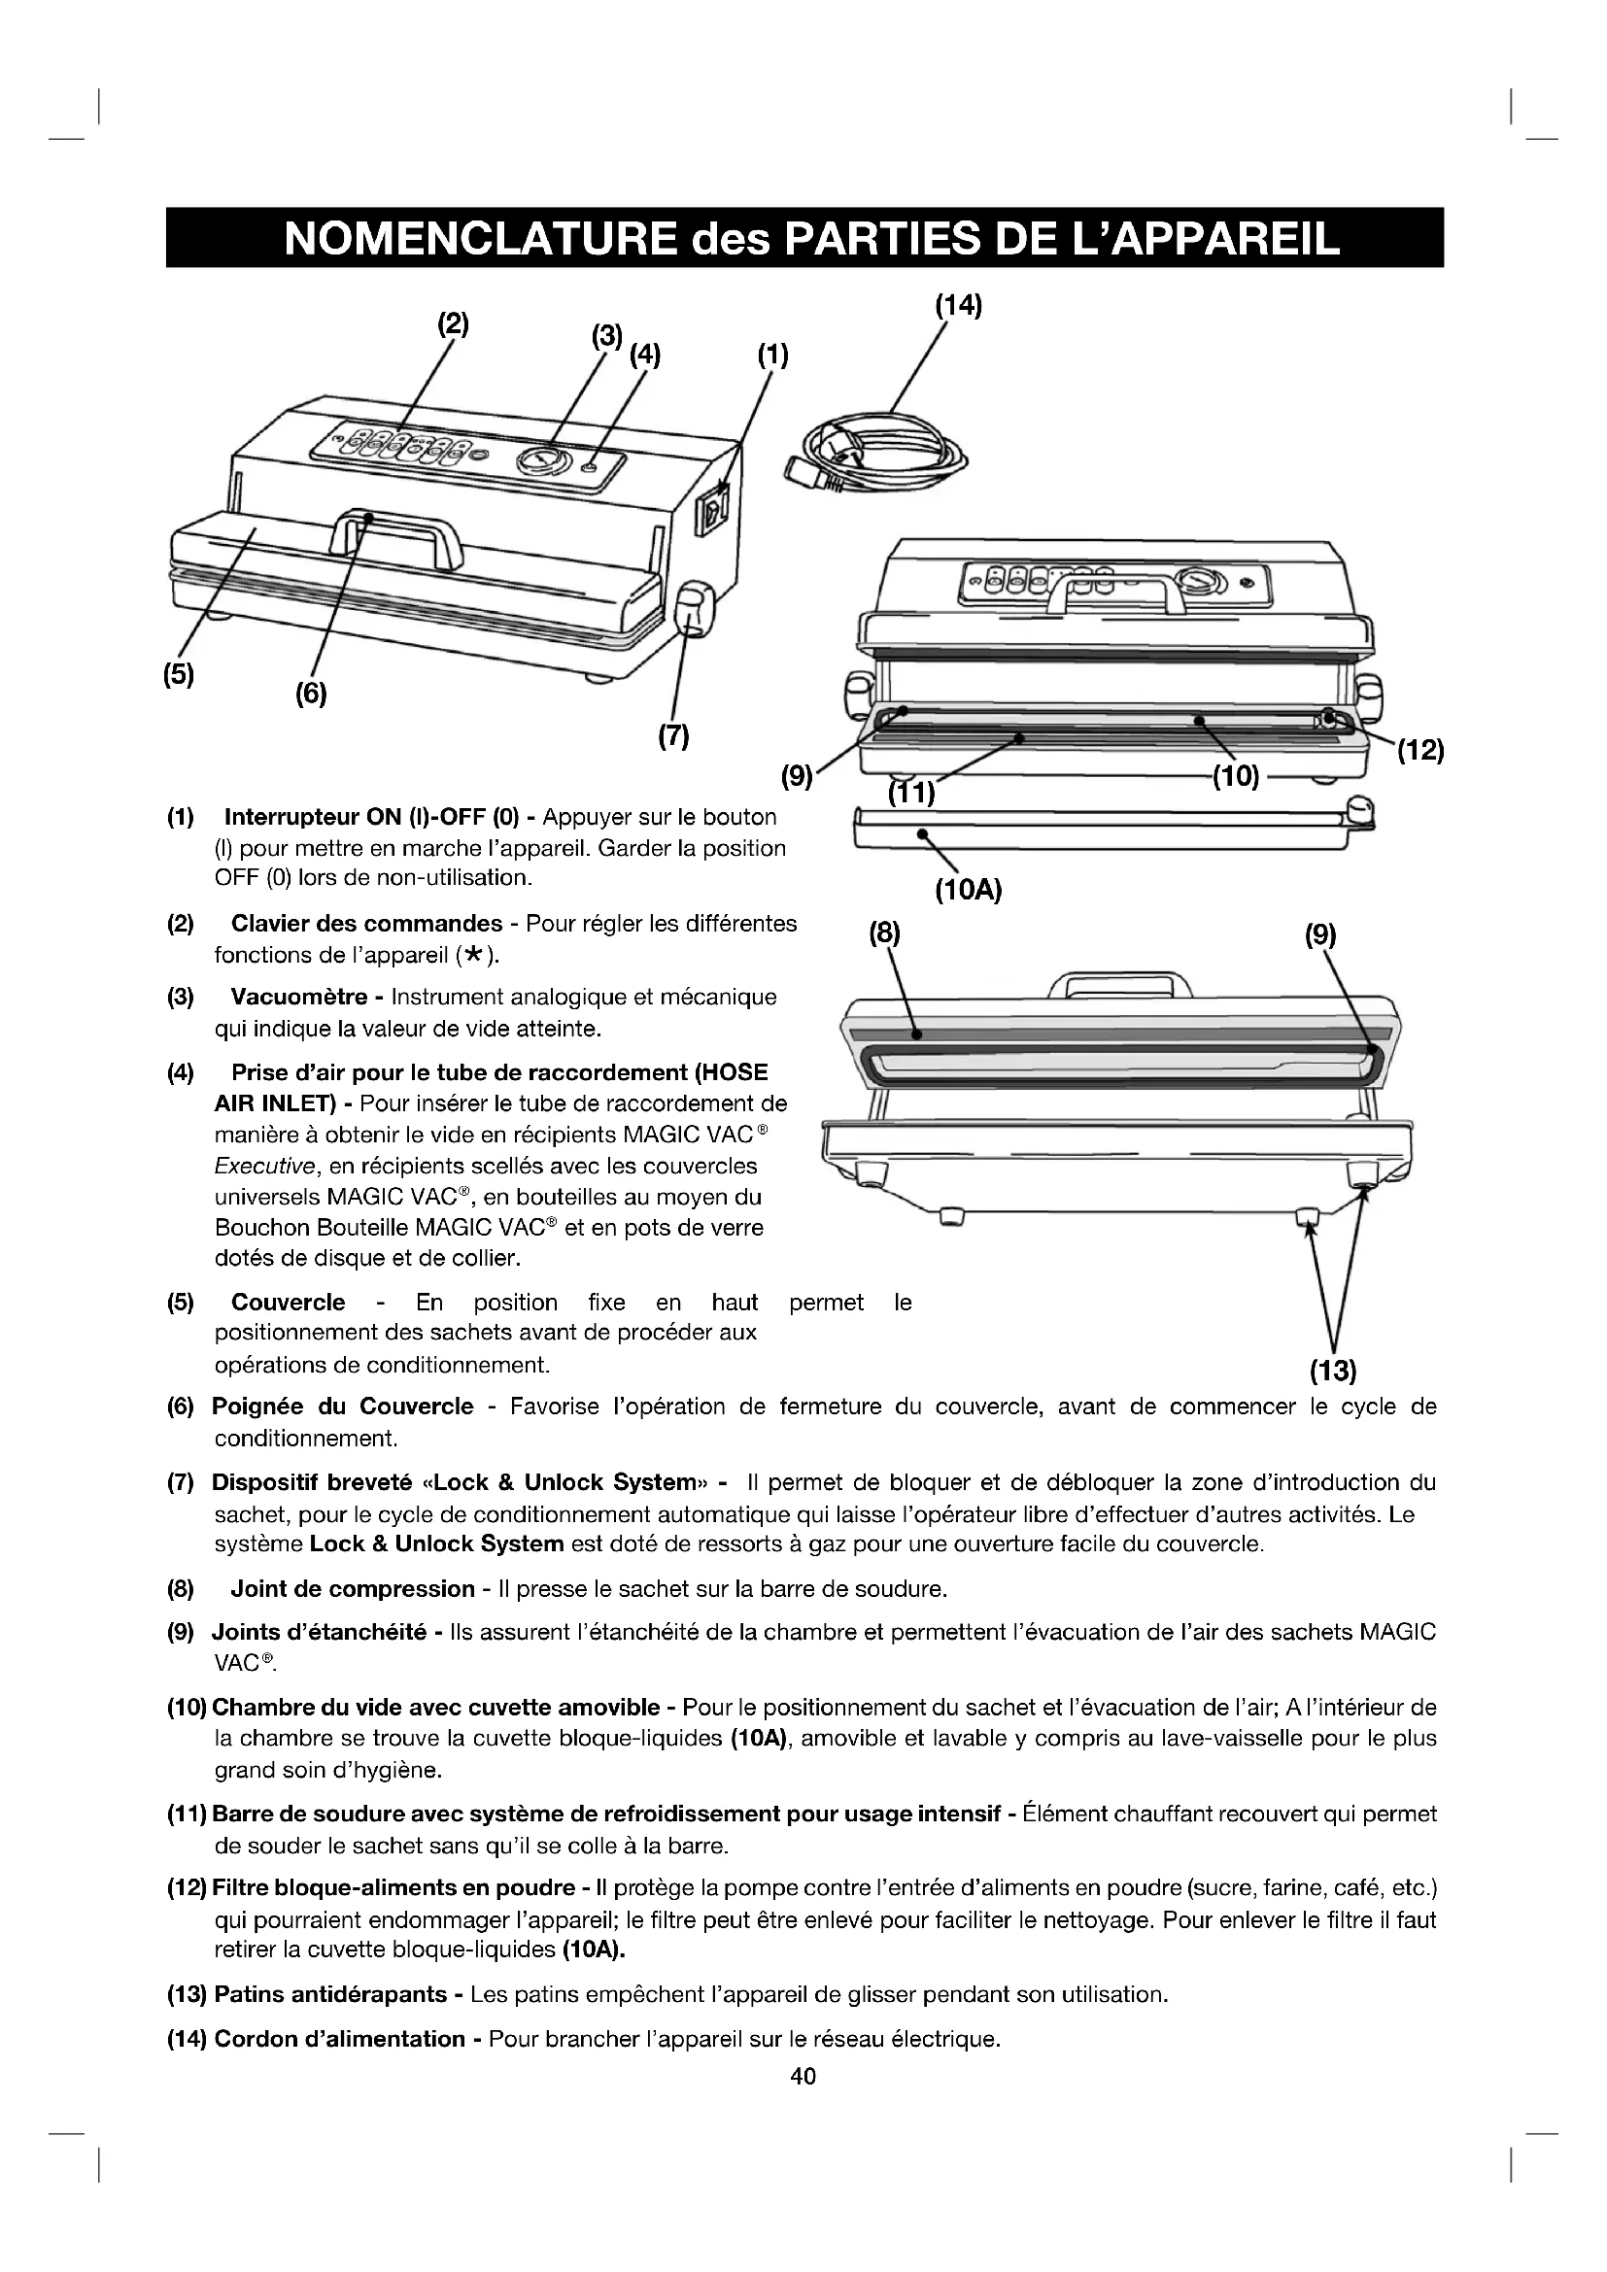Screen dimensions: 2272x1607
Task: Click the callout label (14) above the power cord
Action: pos(958,306)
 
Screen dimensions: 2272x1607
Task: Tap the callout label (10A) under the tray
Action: pos(968,891)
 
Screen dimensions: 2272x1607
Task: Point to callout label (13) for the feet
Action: pos(1332,1371)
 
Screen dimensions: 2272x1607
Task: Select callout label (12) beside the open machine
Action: pos(1420,751)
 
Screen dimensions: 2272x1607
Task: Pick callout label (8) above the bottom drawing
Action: pos(885,933)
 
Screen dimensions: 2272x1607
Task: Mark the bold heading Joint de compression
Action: pos(353,1588)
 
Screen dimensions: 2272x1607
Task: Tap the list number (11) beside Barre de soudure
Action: pos(186,1814)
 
